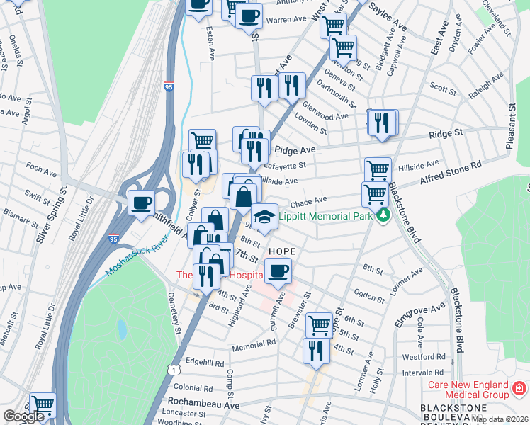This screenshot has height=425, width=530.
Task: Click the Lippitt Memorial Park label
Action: pyautogui.click(x=325, y=215)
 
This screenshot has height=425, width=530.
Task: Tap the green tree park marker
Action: pyautogui.click(x=383, y=215)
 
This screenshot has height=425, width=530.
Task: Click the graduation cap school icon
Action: pyautogui.click(x=264, y=217)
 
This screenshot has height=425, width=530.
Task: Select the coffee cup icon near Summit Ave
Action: pyautogui.click(x=278, y=270)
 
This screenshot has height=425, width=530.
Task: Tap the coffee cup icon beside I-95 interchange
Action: pyautogui.click(x=141, y=203)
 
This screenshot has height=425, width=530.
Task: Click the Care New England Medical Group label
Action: pyautogui.click(x=468, y=389)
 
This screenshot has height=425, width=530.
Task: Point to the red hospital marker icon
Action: pyautogui.click(x=519, y=389)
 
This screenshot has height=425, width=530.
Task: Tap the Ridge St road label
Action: pyautogui.click(x=448, y=132)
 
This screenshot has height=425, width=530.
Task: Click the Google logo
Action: pyautogui.click(x=23, y=416)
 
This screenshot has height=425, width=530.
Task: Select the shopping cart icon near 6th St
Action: pyautogui.click(x=319, y=325)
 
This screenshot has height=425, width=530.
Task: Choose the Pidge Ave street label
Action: pyautogui.click(x=294, y=149)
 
